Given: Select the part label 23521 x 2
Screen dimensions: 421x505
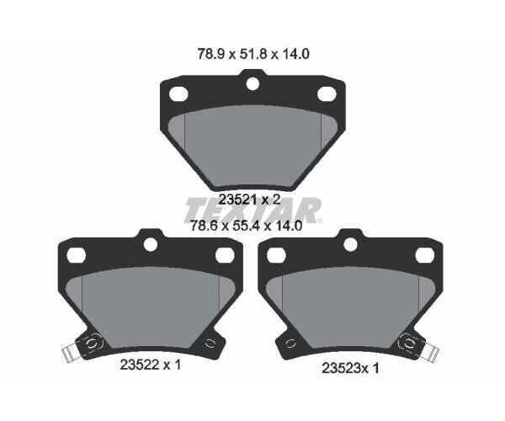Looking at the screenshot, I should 249,200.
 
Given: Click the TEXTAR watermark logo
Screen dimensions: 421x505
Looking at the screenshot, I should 253,210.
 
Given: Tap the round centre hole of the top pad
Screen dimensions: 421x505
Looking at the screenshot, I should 252,83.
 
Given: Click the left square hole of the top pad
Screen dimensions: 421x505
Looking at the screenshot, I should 178,94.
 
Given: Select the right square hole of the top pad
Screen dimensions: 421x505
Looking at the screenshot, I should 326,94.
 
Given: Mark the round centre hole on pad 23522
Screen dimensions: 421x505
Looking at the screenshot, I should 151,244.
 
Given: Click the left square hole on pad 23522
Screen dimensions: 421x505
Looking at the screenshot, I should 76,255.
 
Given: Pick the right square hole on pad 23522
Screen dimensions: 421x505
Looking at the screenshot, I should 224,255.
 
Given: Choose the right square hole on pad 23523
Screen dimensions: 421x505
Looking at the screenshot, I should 424,255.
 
